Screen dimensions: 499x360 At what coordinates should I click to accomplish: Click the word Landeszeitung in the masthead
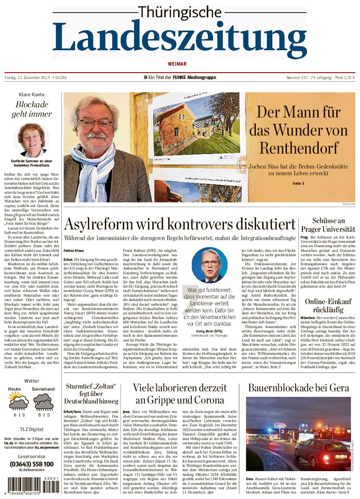pyautogui.click(x=180, y=40)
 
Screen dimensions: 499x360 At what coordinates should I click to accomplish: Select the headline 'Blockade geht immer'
pyautogui.click(x=32, y=109)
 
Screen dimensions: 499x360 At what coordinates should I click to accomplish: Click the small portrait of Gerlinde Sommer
pyautogui.click(x=32, y=140)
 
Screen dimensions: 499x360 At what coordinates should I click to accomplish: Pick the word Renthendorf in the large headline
pyautogui.click(x=298, y=148)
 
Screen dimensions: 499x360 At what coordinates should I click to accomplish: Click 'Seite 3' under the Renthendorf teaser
pyautogui.click(x=298, y=183)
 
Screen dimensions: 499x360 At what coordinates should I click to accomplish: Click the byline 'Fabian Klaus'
pyautogui.click(x=73, y=250)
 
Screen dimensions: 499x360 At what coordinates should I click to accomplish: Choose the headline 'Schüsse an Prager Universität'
pyautogui.click(x=328, y=225)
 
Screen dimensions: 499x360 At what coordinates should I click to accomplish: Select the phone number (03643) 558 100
pyautogui.click(x=32, y=464)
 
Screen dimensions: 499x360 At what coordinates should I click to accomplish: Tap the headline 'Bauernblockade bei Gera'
pyautogui.click(x=298, y=388)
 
